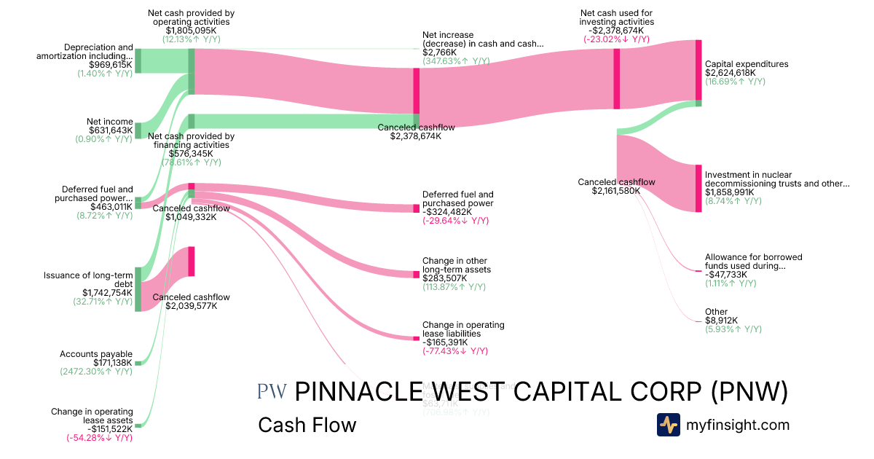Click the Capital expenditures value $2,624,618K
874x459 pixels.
731,73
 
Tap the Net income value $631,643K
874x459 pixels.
111,130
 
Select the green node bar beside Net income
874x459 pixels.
138,130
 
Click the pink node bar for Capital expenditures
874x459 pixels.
698,70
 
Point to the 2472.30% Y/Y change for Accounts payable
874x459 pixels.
96,372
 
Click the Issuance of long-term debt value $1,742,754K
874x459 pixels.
107,292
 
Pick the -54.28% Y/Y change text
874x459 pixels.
99,437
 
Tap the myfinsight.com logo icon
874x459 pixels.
668,425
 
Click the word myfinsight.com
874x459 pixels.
738,425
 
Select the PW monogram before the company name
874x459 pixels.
272,392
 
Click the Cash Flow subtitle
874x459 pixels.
307,425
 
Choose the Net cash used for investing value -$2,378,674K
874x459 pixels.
617,31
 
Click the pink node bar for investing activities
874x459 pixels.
616,79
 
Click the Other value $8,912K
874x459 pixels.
721,321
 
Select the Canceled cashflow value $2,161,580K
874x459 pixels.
616,191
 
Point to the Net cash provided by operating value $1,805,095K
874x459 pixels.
191,31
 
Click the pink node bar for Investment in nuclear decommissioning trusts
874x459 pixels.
698,189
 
